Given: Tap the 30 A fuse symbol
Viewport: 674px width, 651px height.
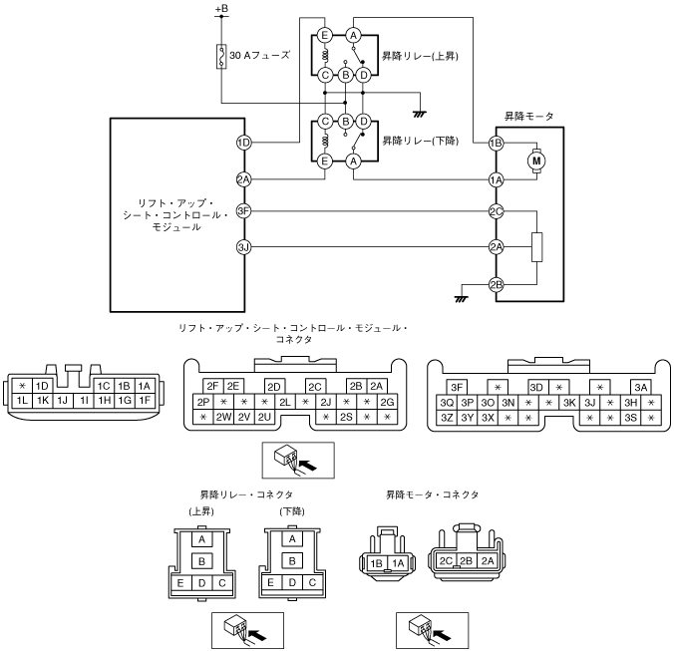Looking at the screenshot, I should pyautogui.click(x=220, y=57).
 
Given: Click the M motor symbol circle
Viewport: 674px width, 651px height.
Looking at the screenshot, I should pyautogui.click(x=537, y=160).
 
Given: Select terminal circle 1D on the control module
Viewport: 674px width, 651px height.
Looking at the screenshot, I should pyautogui.click(x=243, y=143).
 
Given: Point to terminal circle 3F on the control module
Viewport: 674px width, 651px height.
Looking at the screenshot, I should pyautogui.click(x=243, y=211).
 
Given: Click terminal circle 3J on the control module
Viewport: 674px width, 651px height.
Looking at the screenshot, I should pyautogui.click(x=243, y=246).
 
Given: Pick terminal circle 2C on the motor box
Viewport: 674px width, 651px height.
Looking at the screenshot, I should pyautogui.click(x=496, y=211).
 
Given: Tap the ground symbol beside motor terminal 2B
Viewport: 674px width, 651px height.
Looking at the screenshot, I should pyautogui.click(x=461, y=296).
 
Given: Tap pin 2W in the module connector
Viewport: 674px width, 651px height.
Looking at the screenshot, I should pyautogui.click(x=223, y=417).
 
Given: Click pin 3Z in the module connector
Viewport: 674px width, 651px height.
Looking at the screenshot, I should pyautogui.click(x=447, y=417).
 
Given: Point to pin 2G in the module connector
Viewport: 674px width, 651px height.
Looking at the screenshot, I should pyautogui.click(x=388, y=401).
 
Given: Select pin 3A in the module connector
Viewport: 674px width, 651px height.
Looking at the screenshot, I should pyautogui.click(x=641, y=386).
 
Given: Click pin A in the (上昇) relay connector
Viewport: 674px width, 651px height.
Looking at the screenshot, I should pyautogui.click(x=202, y=538).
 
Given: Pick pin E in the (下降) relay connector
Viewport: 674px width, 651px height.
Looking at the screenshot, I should pyautogui.click(x=268, y=582).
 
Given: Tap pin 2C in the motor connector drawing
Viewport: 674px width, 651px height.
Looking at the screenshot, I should pyautogui.click(x=447, y=560).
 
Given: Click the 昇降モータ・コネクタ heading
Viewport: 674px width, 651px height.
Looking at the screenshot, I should pyautogui.click(x=432, y=493).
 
